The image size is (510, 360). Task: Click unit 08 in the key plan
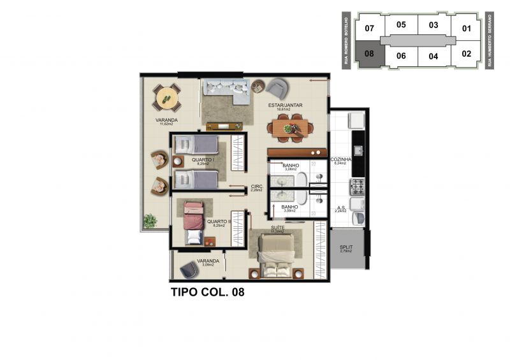[x=370, y=54]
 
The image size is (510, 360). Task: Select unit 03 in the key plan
[x=433, y=25]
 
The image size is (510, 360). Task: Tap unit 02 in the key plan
[x=466, y=54]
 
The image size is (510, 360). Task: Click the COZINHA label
[x=340, y=159]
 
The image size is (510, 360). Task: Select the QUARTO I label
[x=203, y=160]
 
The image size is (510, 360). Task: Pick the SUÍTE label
[x=277, y=227]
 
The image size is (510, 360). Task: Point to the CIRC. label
[x=256, y=186]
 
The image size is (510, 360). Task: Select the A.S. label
[x=340, y=208]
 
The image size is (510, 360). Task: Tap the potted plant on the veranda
[x=150, y=221]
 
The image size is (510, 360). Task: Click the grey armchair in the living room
[x=276, y=87]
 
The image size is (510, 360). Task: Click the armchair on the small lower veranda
[x=189, y=270]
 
